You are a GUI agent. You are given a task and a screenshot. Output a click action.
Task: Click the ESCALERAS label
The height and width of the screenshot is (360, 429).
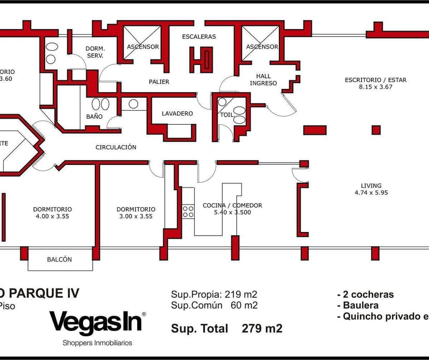coord(199,37)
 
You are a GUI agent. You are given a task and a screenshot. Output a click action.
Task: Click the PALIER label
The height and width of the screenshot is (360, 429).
coord(159,82)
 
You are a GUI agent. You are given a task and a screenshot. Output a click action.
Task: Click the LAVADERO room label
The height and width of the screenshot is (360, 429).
coord(177,113)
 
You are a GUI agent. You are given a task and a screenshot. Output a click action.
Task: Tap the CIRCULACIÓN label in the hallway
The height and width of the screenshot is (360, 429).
coord(116,148)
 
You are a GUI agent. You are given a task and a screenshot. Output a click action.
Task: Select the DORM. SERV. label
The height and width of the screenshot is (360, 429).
coord(95,52)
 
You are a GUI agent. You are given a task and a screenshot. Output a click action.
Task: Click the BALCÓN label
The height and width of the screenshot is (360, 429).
coord(60,260)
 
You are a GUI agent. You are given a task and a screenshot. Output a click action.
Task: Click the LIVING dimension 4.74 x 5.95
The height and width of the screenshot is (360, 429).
coord(371,193)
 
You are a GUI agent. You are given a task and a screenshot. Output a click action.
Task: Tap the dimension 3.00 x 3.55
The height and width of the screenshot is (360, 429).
coord(136,217)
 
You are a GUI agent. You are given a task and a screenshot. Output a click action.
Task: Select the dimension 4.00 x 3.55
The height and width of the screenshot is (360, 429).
coord(52,217)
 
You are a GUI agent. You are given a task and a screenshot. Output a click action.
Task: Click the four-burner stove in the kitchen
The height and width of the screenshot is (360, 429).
coord(188,211)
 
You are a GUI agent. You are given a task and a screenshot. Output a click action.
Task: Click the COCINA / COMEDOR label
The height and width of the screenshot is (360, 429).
coord(232,206)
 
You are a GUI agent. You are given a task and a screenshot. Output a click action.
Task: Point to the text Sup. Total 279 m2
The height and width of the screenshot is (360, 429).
coord(226,328)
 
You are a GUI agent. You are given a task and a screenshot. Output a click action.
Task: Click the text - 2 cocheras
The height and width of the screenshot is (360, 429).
coord(365,295)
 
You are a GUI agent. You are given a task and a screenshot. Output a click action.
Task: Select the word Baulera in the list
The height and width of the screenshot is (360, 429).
coord(360,306)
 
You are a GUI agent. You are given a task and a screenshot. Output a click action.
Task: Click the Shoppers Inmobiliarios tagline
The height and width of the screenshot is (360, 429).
coord(97,343)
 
